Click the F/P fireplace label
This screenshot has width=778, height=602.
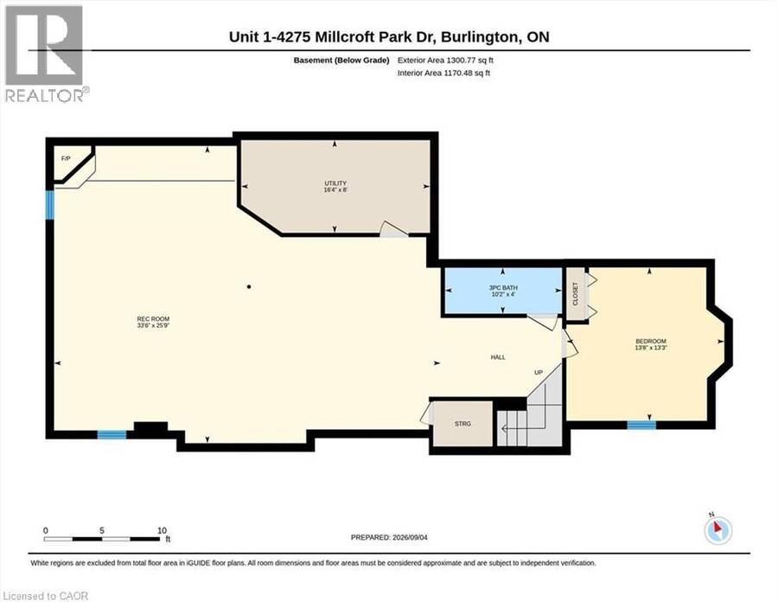[x=66, y=158]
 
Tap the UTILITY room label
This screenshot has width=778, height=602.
[x=335, y=183]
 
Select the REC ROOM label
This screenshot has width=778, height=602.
[x=153, y=318]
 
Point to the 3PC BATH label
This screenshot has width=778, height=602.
[x=503, y=287]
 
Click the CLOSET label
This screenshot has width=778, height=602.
[x=576, y=294]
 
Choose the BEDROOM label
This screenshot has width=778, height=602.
[x=650, y=341]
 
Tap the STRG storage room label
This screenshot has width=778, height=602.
[x=462, y=424]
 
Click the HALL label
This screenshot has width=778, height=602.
[x=498, y=357]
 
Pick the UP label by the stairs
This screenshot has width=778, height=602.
[x=539, y=372]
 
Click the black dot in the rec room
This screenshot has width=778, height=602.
[x=249, y=286]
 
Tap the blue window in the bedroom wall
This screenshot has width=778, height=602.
[x=641, y=425]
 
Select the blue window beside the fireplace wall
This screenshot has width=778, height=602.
[x=49, y=205]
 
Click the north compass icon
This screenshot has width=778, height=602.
[x=717, y=530]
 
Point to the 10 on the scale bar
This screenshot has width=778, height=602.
[x=162, y=530]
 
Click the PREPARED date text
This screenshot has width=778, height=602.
[x=389, y=537]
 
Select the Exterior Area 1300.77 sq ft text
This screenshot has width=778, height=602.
[x=445, y=60]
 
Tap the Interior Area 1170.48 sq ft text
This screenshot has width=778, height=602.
[x=443, y=73]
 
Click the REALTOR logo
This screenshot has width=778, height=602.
[x=46, y=54]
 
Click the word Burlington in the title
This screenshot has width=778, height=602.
[x=479, y=37]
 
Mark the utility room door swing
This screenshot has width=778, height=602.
[x=393, y=229]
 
